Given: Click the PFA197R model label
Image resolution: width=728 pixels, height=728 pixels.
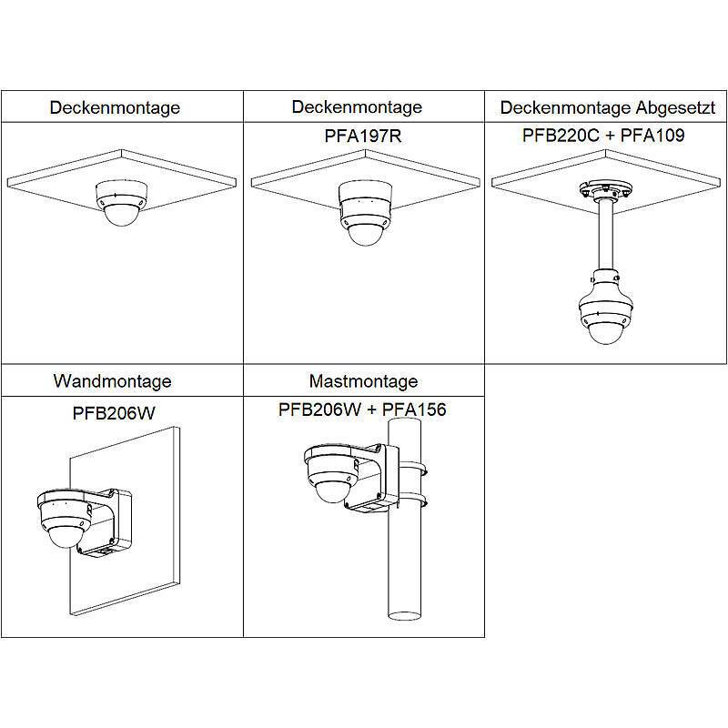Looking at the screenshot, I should click(357, 136).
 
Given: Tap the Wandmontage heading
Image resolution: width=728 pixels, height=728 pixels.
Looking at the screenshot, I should click(112, 380).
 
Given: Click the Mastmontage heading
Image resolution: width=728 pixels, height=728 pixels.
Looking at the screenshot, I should click(363, 380).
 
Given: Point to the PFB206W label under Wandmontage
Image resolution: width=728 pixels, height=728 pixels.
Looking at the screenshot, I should click(114, 412).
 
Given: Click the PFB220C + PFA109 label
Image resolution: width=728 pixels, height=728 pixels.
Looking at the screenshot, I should click(602, 136).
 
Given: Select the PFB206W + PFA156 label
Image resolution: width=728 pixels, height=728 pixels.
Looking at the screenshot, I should click(362, 409).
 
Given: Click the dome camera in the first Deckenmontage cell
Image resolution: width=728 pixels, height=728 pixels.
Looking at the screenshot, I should click(122, 203).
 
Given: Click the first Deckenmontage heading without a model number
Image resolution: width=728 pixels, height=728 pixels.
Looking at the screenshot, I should click(115, 107).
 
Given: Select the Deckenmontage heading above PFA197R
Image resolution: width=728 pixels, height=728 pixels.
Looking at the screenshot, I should click(357, 106).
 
